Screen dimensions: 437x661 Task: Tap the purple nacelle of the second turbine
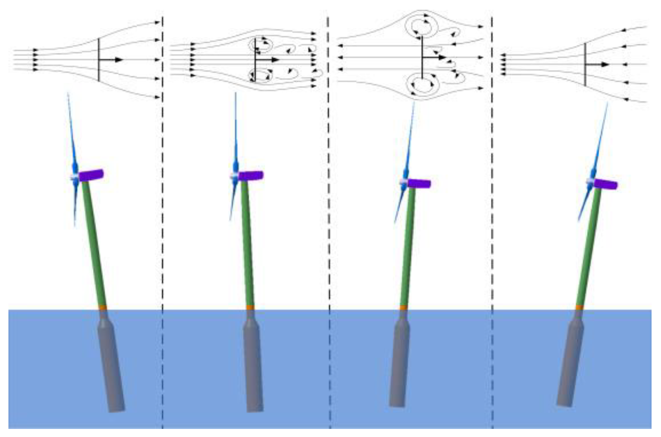coord(251,176)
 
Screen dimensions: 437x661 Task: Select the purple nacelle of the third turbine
coord(419,183)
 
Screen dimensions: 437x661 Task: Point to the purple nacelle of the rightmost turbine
coord(605,184)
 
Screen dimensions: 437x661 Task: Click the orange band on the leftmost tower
coord(103,307)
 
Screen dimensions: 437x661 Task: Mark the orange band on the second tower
coord(250,307)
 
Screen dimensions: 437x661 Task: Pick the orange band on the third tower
coord(403,307)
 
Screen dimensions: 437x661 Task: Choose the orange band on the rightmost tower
coord(579,307)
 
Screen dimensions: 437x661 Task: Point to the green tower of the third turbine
coord(408,246)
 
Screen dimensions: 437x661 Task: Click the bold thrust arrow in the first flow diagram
coord(111,60)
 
